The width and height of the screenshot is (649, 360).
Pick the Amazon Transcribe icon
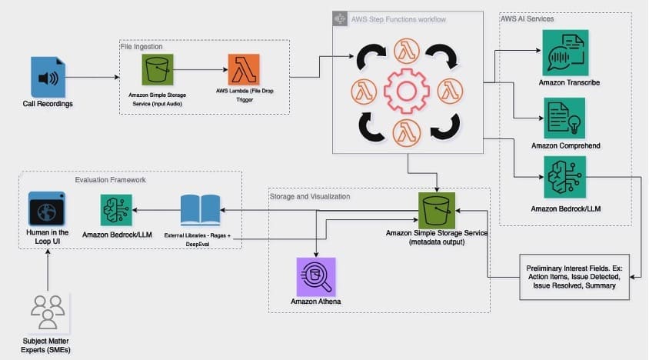(x=565, y=52)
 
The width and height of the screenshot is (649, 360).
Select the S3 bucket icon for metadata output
(x=438, y=209)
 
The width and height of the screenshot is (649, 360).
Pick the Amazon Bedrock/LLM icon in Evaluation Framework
(x=116, y=210)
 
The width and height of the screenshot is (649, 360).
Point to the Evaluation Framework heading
(x=110, y=179)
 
